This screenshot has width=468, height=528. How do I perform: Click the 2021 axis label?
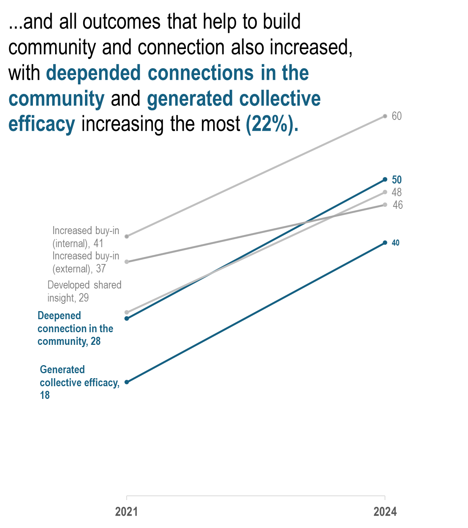click(x=126, y=512)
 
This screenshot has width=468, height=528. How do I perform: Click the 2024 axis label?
click(x=385, y=512)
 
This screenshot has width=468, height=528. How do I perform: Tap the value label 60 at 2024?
click(x=396, y=116)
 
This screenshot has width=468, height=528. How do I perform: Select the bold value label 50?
click(x=396, y=180)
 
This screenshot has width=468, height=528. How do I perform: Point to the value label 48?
click(x=396, y=192)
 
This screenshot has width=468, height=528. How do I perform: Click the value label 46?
click(x=398, y=205)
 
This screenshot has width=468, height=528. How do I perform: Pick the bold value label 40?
click(x=396, y=243)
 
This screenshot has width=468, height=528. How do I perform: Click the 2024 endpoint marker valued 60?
click(x=385, y=116)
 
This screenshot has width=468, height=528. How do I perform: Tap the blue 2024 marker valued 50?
click(x=385, y=180)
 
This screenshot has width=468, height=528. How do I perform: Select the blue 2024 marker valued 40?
click(x=385, y=243)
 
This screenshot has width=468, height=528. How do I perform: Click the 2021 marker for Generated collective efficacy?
click(x=127, y=382)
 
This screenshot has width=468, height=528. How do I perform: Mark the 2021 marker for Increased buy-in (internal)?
click(x=127, y=236)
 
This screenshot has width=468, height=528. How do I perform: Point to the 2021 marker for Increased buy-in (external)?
click(x=127, y=262)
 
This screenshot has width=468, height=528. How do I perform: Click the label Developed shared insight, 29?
click(x=84, y=291)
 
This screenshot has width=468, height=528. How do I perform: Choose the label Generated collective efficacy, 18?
click(x=79, y=382)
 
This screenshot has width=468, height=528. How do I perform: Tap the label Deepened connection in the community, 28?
click(x=75, y=328)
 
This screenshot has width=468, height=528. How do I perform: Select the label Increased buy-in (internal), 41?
click(x=85, y=237)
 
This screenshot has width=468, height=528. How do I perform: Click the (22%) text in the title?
click(x=272, y=124)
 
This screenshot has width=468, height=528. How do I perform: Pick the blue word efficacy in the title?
click(x=42, y=124)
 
